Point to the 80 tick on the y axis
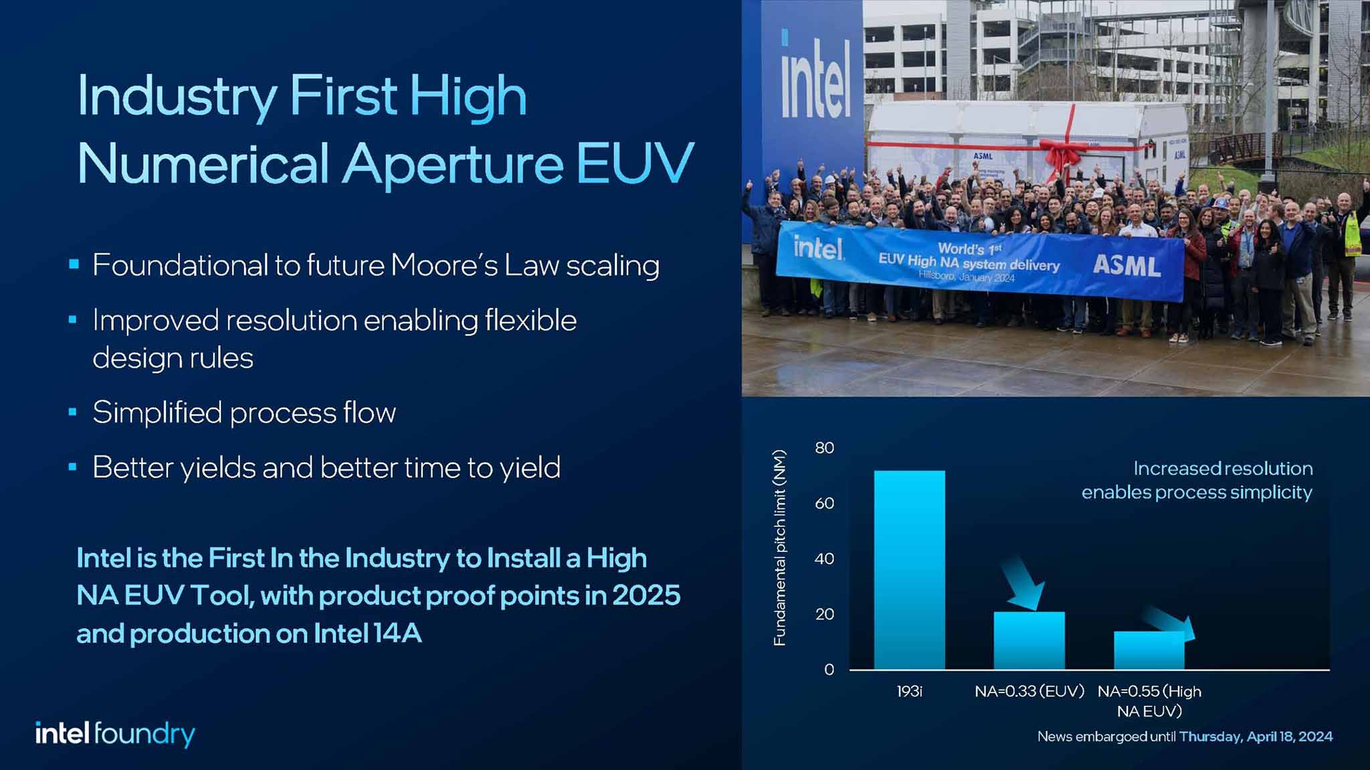point(825,448)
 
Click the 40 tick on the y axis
point(825,559)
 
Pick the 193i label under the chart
point(909,692)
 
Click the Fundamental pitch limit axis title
point(779,548)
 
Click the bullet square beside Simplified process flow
point(74,412)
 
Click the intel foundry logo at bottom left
point(115,734)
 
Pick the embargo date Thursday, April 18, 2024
point(1256,737)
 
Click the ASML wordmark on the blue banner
point(1127,266)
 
